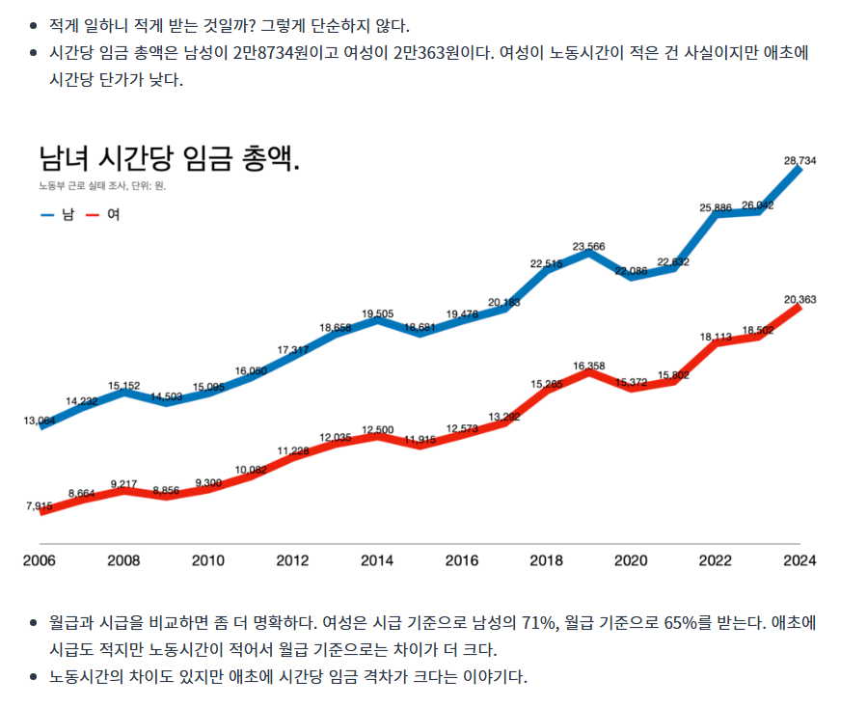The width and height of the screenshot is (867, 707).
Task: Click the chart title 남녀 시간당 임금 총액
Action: point(169,159)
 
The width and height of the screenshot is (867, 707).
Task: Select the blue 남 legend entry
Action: point(59,214)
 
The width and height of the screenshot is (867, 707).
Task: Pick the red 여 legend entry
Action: point(104,214)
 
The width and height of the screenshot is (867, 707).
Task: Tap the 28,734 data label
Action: point(799,161)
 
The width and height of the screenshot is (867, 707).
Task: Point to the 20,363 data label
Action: point(799,300)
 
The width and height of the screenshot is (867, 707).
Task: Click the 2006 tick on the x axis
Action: point(40,560)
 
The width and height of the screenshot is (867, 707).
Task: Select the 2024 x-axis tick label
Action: point(799,560)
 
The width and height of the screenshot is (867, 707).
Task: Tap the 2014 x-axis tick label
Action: point(377,560)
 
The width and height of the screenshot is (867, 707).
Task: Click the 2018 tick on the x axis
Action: point(546,560)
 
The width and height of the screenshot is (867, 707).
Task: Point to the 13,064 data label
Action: point(40,421)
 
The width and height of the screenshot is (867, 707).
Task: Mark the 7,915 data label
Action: point(40,505)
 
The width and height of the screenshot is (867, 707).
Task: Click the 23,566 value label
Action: point(588,247)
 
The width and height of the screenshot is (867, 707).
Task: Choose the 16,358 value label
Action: point(588,367)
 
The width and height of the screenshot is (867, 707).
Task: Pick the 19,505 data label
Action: point(377,313)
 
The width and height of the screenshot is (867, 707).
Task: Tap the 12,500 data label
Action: point(377,429)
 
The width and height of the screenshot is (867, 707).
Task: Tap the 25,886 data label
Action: point(716,207)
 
